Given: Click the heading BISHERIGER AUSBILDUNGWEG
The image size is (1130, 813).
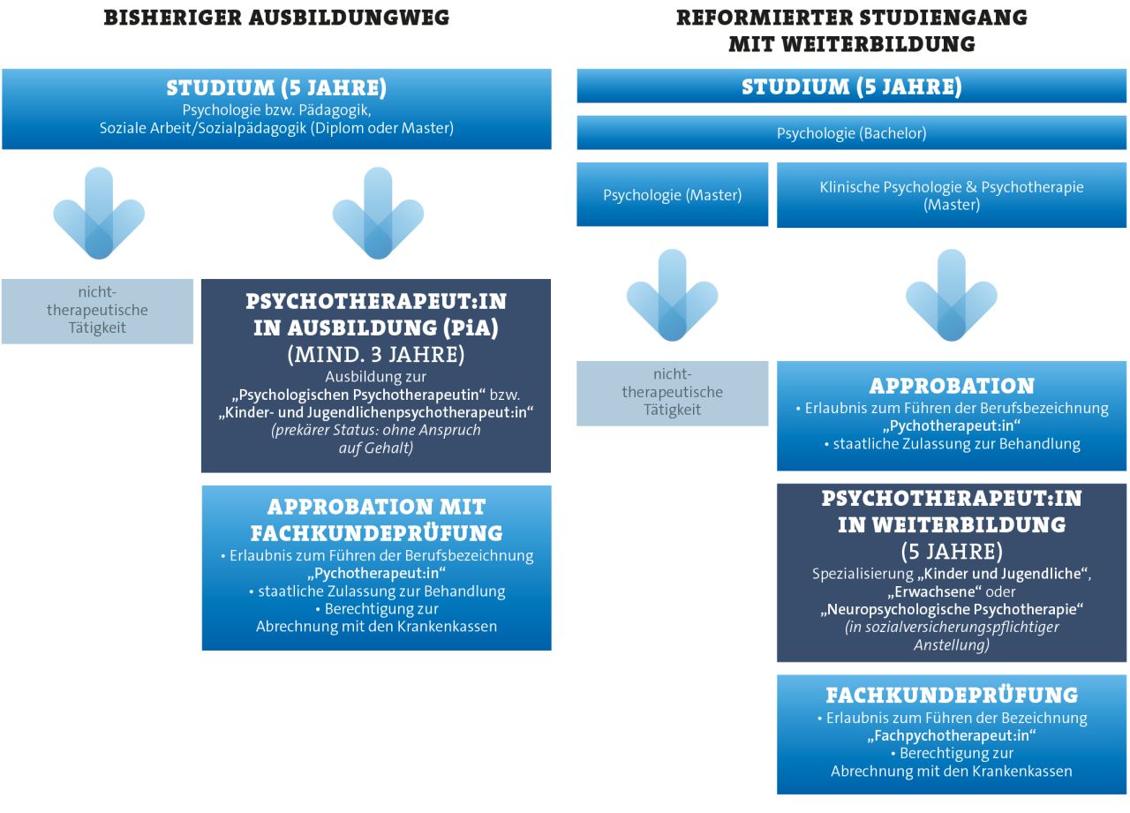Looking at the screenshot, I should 276,18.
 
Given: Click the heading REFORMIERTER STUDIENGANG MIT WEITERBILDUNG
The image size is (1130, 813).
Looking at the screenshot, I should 851,31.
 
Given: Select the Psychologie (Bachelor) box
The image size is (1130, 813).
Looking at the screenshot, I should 851,133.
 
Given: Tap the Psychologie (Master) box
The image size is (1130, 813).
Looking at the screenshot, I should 672,195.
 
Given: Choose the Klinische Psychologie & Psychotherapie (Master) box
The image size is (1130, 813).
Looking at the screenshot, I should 951,195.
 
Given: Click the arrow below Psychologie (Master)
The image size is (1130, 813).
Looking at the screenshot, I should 672,295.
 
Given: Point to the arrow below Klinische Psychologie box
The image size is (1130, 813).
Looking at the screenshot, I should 951,295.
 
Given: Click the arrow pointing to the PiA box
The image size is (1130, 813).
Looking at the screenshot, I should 378,214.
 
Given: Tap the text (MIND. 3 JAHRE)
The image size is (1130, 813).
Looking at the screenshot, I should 376,354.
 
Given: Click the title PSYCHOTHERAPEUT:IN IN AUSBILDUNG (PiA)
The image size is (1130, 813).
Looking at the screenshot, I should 376,314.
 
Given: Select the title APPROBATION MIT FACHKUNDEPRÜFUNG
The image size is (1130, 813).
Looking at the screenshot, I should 376,520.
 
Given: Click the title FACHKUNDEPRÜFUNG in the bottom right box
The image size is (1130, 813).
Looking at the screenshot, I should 952,695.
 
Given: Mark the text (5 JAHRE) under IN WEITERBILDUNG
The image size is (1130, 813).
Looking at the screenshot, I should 952,552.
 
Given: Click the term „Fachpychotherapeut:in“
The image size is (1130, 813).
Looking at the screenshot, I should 952,735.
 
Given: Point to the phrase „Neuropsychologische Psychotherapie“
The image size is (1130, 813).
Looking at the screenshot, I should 952,609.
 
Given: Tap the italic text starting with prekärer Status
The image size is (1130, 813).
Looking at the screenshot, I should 376,440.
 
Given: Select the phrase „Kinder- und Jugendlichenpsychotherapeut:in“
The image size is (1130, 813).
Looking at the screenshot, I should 376,412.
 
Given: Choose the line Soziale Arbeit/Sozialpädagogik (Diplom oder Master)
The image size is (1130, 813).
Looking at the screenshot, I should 276,128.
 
